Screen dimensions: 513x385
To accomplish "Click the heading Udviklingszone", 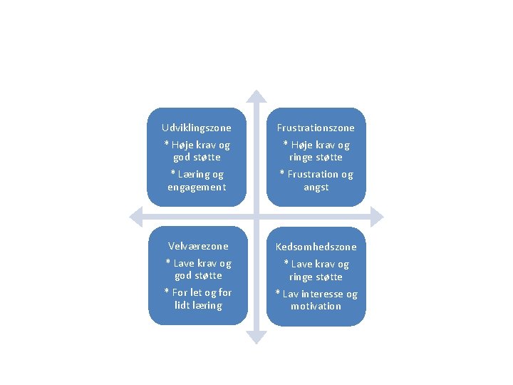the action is (196, 128).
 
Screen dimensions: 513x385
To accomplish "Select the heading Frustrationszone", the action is (316, 128).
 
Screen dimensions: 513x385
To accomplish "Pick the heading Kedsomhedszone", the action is (316, 247).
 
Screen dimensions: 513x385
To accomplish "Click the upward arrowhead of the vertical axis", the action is (256, 96).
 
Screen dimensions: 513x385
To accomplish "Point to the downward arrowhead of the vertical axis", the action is (256, 337).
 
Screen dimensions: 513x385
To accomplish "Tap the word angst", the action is (316, 187).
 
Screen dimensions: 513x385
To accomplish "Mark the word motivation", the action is (316, 306).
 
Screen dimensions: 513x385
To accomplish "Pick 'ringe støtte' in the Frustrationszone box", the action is (316, 157).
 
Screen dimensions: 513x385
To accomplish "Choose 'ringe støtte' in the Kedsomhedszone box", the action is (316, 277).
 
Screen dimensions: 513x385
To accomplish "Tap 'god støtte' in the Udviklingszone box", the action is (196, 157).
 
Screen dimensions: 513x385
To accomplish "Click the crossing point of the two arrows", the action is (256, 217).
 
